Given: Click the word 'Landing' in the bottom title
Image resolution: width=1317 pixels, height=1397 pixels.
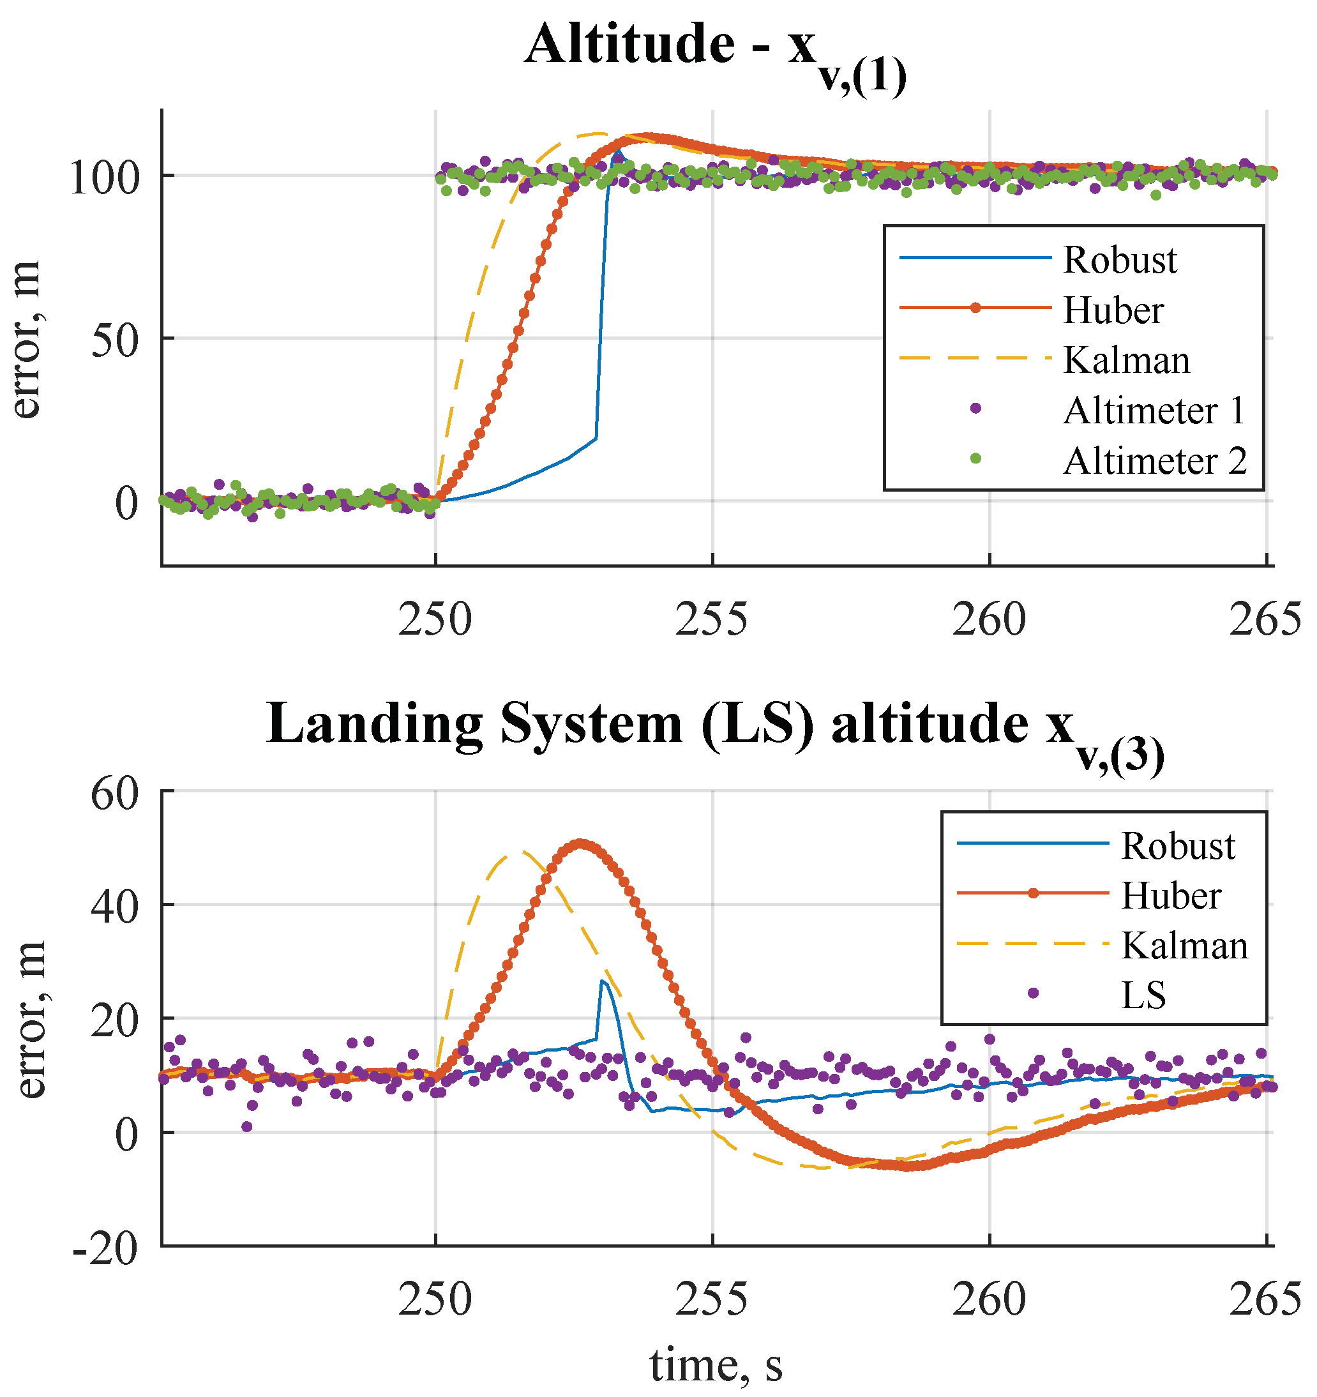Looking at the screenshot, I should [375, 725].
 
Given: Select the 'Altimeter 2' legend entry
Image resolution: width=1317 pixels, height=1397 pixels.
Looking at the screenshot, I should [1154, 462].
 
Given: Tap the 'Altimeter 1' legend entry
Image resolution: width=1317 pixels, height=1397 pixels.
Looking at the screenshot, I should [1154, 411].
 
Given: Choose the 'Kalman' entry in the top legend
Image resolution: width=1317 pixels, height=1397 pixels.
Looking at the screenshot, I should [1126, 361].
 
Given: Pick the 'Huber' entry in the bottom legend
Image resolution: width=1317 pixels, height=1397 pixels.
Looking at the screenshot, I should [1171, 896].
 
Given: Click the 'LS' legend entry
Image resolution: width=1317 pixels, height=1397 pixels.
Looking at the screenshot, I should [1143, 995].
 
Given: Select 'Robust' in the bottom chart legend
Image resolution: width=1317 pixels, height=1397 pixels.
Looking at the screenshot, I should [1178, 846].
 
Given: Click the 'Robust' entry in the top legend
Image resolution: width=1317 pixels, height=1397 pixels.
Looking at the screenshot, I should [1120, 260].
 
